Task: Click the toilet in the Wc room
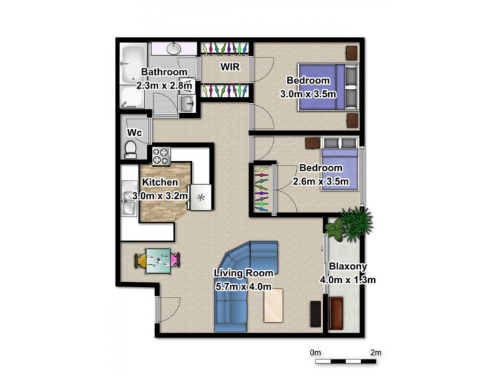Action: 131,148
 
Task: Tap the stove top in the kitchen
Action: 161,155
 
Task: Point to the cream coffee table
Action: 272,306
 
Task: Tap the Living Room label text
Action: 243,273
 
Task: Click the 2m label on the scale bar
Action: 375,352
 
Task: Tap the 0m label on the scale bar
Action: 316,352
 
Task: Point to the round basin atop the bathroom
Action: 174,48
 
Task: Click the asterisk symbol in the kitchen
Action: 201,197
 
